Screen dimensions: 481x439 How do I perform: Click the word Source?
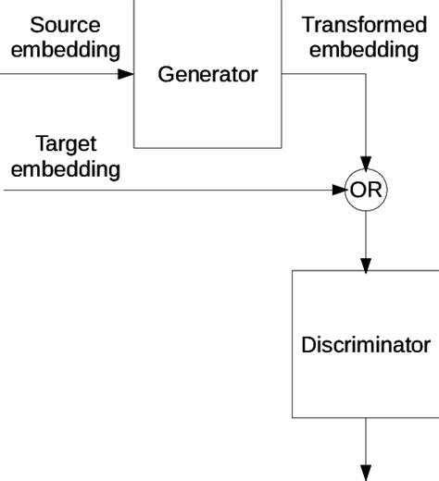click(x=64, y=24)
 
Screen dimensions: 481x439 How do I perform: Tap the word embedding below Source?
click(x=64, y=49)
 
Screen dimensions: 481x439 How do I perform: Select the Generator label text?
click(x=207, y=75)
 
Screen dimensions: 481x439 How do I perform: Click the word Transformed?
click(x=364, y=24)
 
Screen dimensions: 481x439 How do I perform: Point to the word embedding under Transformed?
click(x=364, y=49)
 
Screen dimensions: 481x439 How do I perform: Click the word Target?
click(x=65, y=144)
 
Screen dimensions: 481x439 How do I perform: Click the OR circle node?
click(x=366, y=191)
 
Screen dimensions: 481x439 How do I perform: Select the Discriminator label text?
click(x=366, y=345)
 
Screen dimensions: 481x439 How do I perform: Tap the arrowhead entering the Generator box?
click(x=126, y=74)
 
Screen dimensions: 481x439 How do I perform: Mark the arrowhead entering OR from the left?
click(x=339, y=191)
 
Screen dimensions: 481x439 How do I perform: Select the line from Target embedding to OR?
click(x=167, y=191)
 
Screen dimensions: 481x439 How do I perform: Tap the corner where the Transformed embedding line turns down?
click(x=366, y=74)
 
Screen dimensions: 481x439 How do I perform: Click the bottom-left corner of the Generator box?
click(x=135, y=147)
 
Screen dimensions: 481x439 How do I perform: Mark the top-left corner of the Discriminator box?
click(x=293, y=271)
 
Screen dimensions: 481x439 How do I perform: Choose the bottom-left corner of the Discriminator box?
click(x=293, y=418)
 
